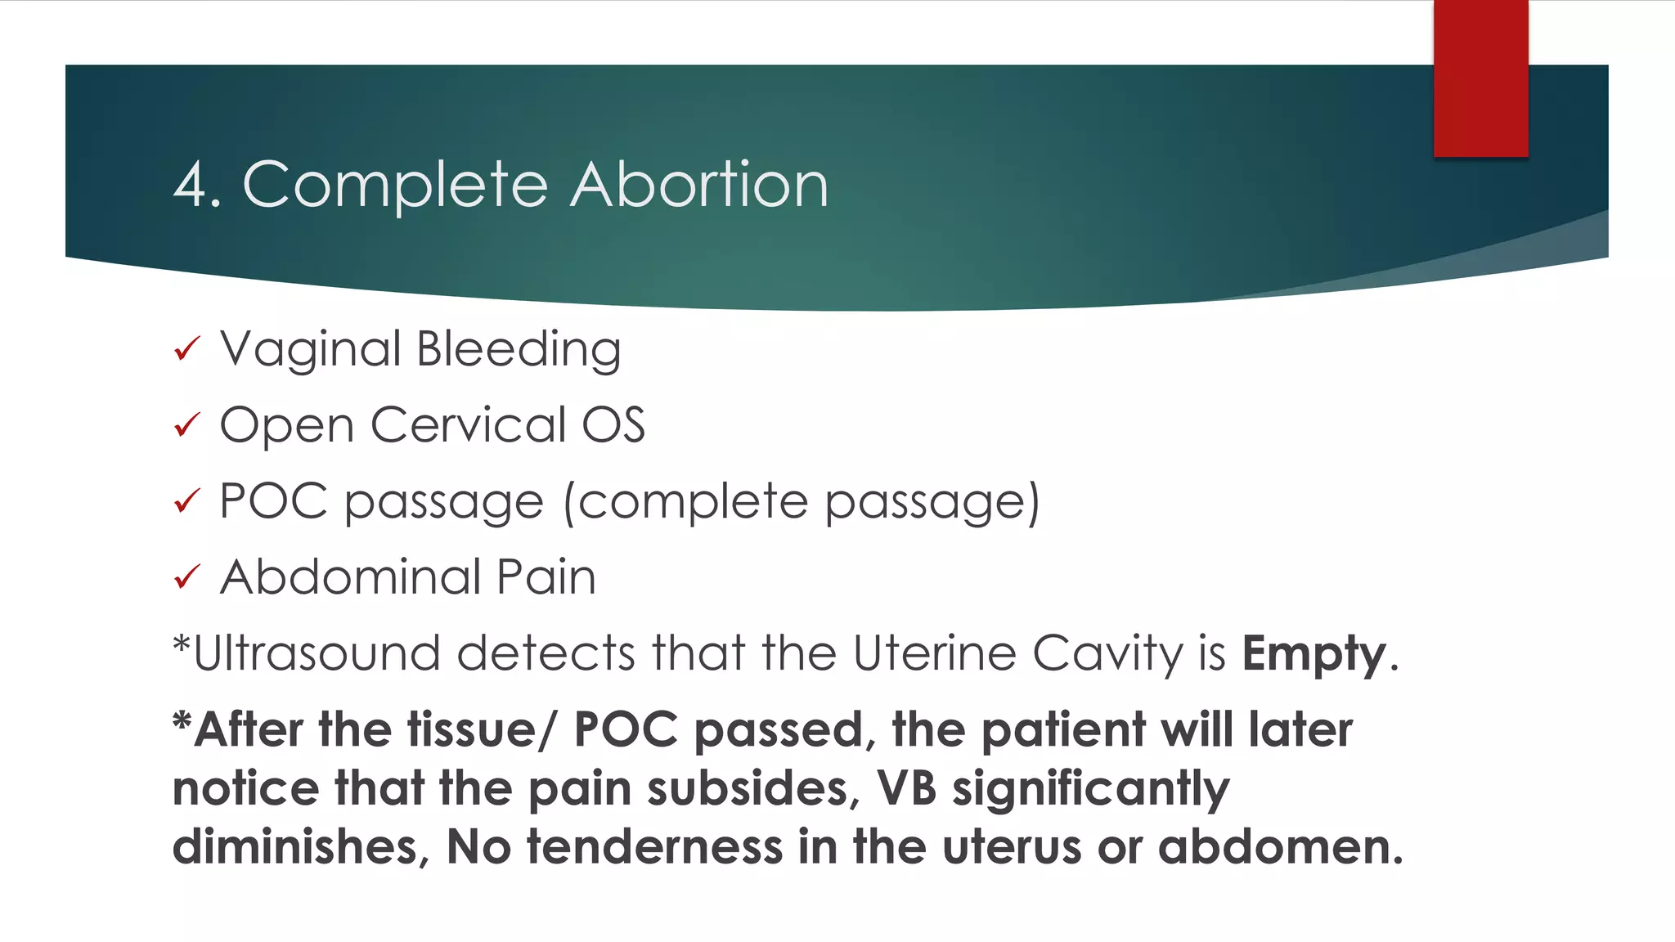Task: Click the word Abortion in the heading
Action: [699, 185]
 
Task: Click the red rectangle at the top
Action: [1480, 78]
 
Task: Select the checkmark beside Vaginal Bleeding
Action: [187, 349]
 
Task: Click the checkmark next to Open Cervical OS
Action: [187, 425]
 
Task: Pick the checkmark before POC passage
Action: [187, 500]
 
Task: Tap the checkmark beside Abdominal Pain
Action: [187, 577]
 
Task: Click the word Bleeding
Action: [519, 350]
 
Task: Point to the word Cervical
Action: [469, 425]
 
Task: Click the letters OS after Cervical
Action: [613, 425]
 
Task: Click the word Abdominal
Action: [350, 577]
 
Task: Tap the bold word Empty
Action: [1314, 655]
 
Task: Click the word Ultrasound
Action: [317, 653]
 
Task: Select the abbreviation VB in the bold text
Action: [906, 788]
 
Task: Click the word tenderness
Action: [654, 847]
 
